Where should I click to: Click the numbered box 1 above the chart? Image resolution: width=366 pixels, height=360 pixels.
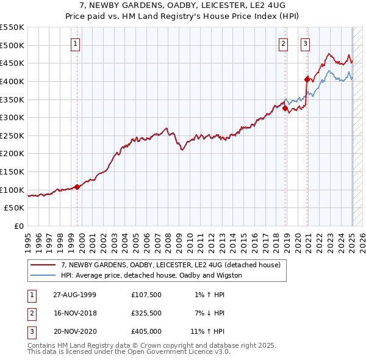(x=74, y=43)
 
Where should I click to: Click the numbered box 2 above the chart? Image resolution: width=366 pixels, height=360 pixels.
(x=284, y=43)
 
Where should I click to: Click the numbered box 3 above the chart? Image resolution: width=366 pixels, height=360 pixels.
(x=304, y=43)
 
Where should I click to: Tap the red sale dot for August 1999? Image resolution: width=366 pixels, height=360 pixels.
(x=77, y=187)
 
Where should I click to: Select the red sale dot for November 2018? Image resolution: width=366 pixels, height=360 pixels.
(x=285, y=108)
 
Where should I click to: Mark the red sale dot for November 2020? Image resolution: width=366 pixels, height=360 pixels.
(x=307, y=79)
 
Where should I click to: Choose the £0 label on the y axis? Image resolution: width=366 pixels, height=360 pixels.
(x=18, y=226)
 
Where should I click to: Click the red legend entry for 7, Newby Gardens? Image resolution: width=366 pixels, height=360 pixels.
(x=170, y=265)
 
